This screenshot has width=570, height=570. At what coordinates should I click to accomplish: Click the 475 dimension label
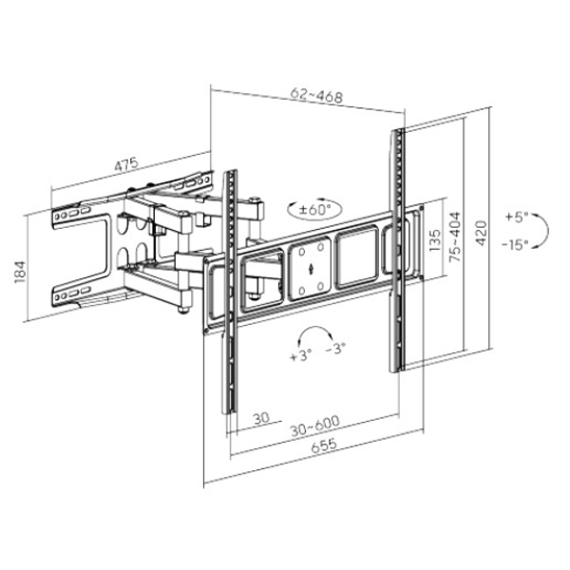pos(126,164)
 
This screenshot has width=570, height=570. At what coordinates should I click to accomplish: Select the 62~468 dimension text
pos(316,96)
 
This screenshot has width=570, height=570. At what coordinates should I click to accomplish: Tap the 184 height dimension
pos(20,272)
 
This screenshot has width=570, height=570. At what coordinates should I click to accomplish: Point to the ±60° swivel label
pos(314,210)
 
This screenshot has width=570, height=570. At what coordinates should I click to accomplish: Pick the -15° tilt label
pos(515,244)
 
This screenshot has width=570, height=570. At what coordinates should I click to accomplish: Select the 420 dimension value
pos(482,233)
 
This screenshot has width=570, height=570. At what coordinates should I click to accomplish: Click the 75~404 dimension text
pos(455,237)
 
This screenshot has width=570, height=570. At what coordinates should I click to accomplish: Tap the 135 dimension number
pos(435,240)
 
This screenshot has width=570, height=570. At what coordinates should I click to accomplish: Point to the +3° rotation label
pos(301,355)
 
